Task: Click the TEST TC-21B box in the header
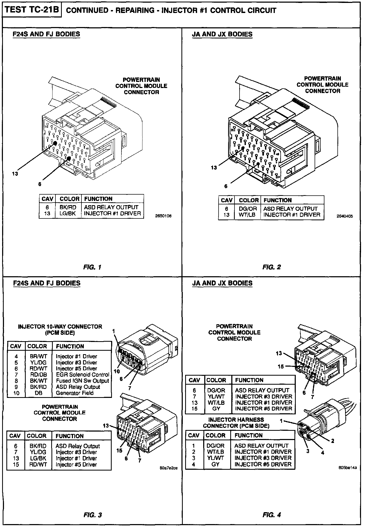pos(32,10)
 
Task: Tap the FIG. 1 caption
pos(92,267)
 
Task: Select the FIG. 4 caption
pos(272,515)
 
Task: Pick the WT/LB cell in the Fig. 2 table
pos(247,215)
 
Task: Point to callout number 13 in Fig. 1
pos(15,174)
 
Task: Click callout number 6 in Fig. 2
pos(226,186)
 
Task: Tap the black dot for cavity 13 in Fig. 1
pos(55,143)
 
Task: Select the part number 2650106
pos(163,216)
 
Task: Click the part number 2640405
pos(345,216)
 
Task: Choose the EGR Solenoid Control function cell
pos(82,375)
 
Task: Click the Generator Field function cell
pos(75,393)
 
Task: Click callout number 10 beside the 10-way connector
pos(117,371)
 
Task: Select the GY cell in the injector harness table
pos(216,464)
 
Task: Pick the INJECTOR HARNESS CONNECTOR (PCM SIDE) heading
pos(236,423)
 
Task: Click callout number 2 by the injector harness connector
pos(332,441)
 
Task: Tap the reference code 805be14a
pos(347,475)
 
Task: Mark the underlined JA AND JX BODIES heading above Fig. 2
pos(222,34)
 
